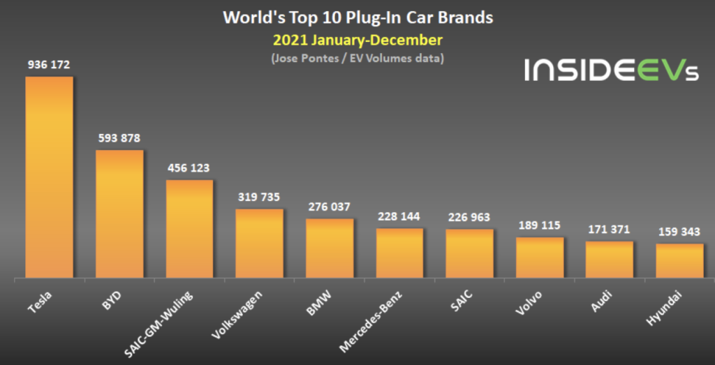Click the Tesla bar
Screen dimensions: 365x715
point(49,177)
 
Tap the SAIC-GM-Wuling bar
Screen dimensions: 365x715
point(189,229)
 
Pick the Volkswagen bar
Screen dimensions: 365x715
point(259,244)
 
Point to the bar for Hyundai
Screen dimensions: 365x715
point(679,261)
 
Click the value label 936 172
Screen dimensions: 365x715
point(49,65)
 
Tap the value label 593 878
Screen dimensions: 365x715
point(119,138)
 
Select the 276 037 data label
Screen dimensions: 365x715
point(329,207)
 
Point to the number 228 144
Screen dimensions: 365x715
point(399,216)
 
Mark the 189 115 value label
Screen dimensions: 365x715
point(540,225)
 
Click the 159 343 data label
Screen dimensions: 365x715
point(679,232)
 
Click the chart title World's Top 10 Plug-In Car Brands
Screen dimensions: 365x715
point(357,17)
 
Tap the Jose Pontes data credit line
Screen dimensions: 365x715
point(357,59)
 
